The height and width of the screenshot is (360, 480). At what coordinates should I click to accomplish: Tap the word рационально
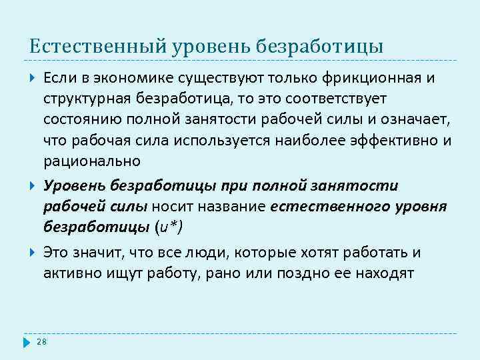click(92, 161)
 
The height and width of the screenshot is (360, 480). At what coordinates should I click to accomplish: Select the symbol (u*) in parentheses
click(168, 227)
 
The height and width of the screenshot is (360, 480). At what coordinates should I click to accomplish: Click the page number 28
click(41, 342)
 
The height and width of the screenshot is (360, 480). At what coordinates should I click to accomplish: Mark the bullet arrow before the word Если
click(32, 79)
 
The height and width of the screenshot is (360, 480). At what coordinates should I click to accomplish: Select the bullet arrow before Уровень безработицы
click(32, 186)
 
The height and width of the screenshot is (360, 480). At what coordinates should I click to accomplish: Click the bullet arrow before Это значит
click(32, 253)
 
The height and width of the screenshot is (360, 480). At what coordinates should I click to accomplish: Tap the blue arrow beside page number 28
click(27, 342)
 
